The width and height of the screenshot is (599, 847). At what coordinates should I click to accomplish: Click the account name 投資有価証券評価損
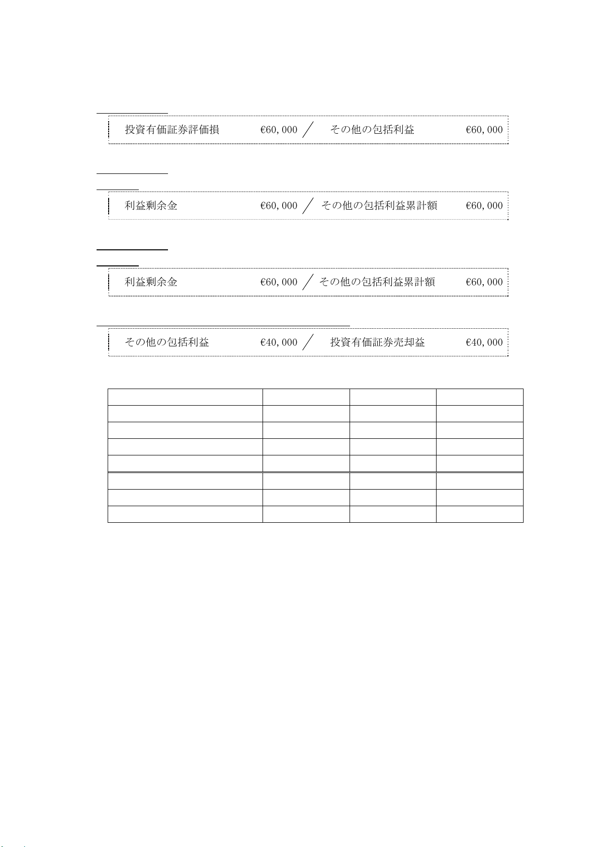172,130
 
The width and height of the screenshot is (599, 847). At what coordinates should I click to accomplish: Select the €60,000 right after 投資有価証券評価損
279,130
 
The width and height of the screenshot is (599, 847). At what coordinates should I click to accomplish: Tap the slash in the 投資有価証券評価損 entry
308,130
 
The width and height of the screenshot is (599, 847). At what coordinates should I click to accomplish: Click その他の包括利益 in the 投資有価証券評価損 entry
372,130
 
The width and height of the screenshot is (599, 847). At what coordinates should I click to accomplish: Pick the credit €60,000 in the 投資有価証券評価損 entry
484,130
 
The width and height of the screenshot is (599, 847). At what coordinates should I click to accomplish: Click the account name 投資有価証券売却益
377,342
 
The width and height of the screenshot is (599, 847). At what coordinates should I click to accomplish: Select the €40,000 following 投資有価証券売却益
484,342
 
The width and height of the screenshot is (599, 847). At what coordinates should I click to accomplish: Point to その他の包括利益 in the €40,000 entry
167,342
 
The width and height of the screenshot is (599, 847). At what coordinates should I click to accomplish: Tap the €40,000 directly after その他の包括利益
279,342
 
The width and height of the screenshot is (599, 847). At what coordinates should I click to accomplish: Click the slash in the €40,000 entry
308,342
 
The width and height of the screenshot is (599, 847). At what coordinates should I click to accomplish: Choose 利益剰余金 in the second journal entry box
151,206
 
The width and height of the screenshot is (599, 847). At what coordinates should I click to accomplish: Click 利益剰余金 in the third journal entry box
151,282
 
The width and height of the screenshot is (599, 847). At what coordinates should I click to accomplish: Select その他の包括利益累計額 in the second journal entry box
379,206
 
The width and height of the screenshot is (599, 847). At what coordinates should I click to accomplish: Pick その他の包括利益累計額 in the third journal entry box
377,282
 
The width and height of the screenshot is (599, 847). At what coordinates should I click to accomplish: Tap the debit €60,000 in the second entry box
279,206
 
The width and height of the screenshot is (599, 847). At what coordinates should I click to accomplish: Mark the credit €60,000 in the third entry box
484,282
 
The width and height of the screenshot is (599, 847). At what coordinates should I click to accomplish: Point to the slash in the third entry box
308,282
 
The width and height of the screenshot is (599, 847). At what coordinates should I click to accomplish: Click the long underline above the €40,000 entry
223,326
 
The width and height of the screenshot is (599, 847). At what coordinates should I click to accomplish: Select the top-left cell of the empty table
185,397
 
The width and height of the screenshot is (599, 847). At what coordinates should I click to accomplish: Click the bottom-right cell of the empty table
479,514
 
